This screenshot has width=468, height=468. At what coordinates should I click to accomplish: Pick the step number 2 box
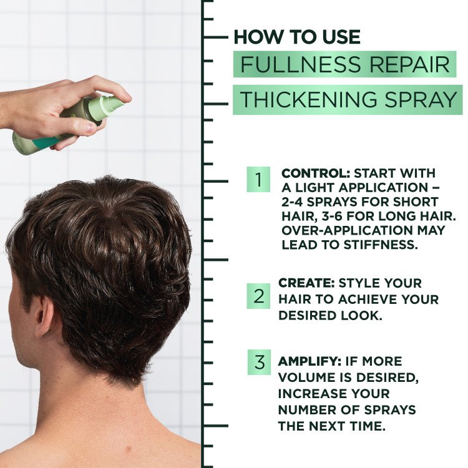pyautogui.click(x=258, y=296)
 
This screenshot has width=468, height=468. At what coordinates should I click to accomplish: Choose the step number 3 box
pyautogui.click(x=258, y=363)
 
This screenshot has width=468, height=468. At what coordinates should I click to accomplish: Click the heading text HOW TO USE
pyautogui.click(x=297, y=37)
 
